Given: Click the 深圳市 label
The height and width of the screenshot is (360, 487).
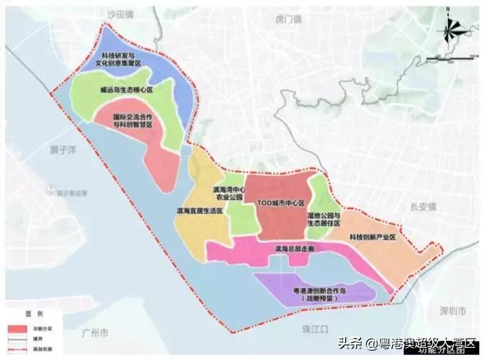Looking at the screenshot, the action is [x=451, y=312].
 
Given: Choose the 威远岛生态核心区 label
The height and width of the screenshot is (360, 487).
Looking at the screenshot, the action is [x=126, y=91].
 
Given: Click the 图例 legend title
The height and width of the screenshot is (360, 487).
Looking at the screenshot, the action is [x=34, y=314].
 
